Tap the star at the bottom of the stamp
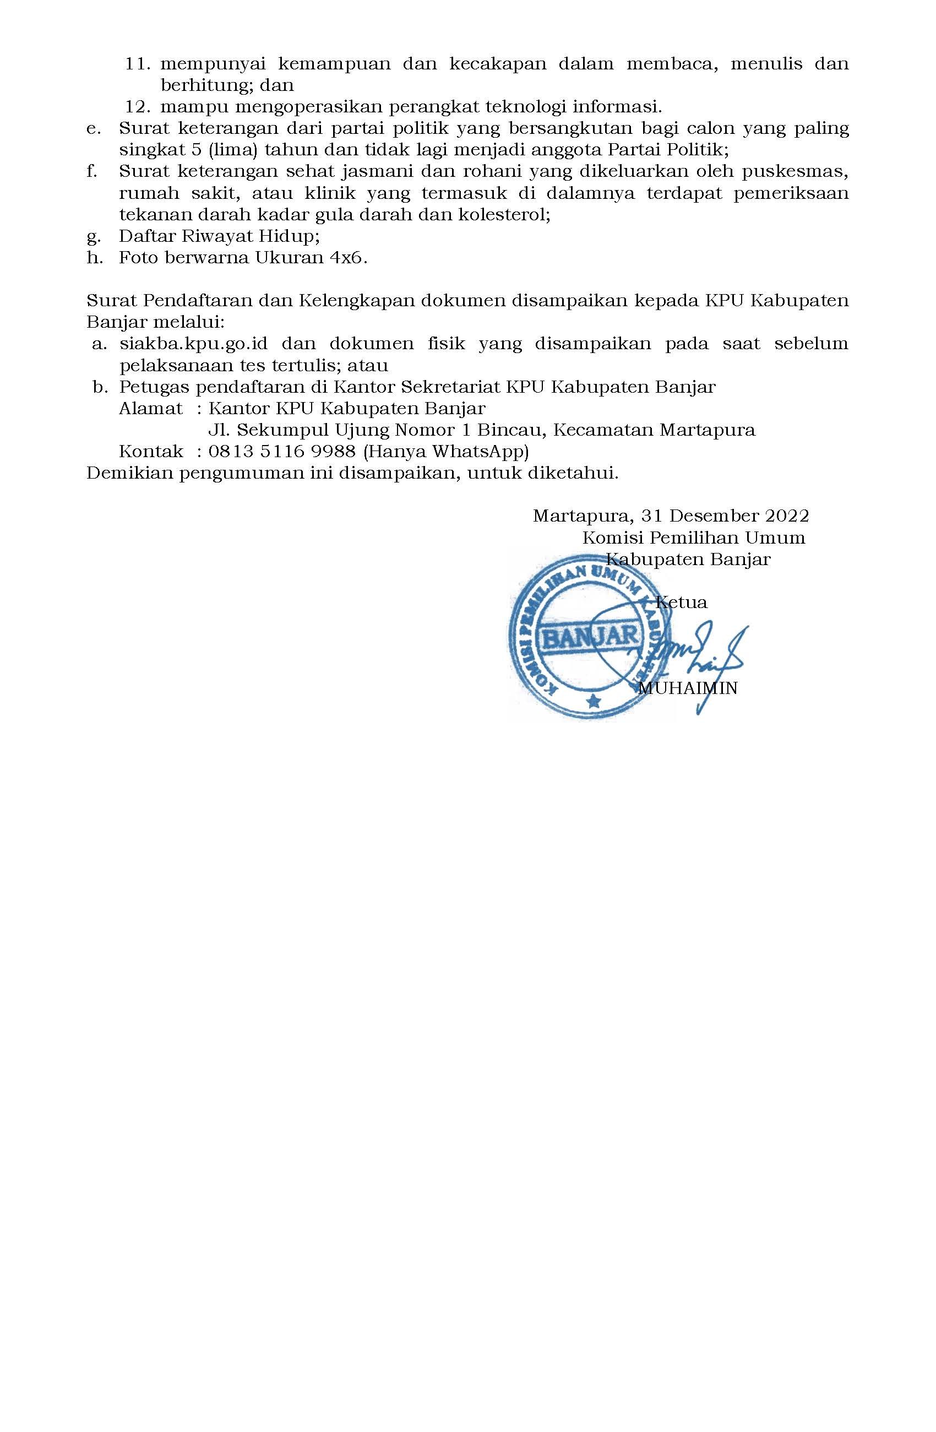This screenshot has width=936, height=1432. pos(594,700)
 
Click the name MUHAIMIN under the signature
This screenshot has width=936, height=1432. pos(687,688)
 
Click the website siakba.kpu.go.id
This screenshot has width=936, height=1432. pos(193,344)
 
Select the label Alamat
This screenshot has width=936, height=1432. pos(150,408)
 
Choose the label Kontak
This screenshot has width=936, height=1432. pos(150,451)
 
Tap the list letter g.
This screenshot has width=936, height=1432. pos(92,236)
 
